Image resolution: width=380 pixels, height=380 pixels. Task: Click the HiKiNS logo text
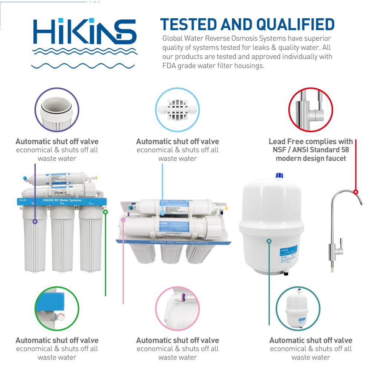coord(85,32)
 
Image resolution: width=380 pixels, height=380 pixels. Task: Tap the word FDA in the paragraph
coord(171,66)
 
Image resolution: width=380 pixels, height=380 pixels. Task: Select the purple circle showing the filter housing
coord(57,110)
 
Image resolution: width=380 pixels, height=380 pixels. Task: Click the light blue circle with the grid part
coord(177,110)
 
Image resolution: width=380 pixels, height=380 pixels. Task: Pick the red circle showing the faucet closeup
coord(311,110)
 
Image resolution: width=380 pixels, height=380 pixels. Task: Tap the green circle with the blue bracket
coord(57,308)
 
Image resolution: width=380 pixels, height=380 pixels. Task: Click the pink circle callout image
coord(177,308)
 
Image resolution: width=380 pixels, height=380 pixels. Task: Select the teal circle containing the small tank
coord(298,308)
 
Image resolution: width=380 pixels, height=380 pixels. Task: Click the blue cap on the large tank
coord(279,176)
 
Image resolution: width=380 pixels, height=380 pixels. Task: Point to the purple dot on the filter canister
coord(35,222)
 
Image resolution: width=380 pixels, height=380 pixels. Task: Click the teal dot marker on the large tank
coord(269,241)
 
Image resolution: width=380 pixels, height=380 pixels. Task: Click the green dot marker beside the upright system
coord(105,212)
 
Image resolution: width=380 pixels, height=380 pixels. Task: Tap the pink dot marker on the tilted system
coord(124,220)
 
